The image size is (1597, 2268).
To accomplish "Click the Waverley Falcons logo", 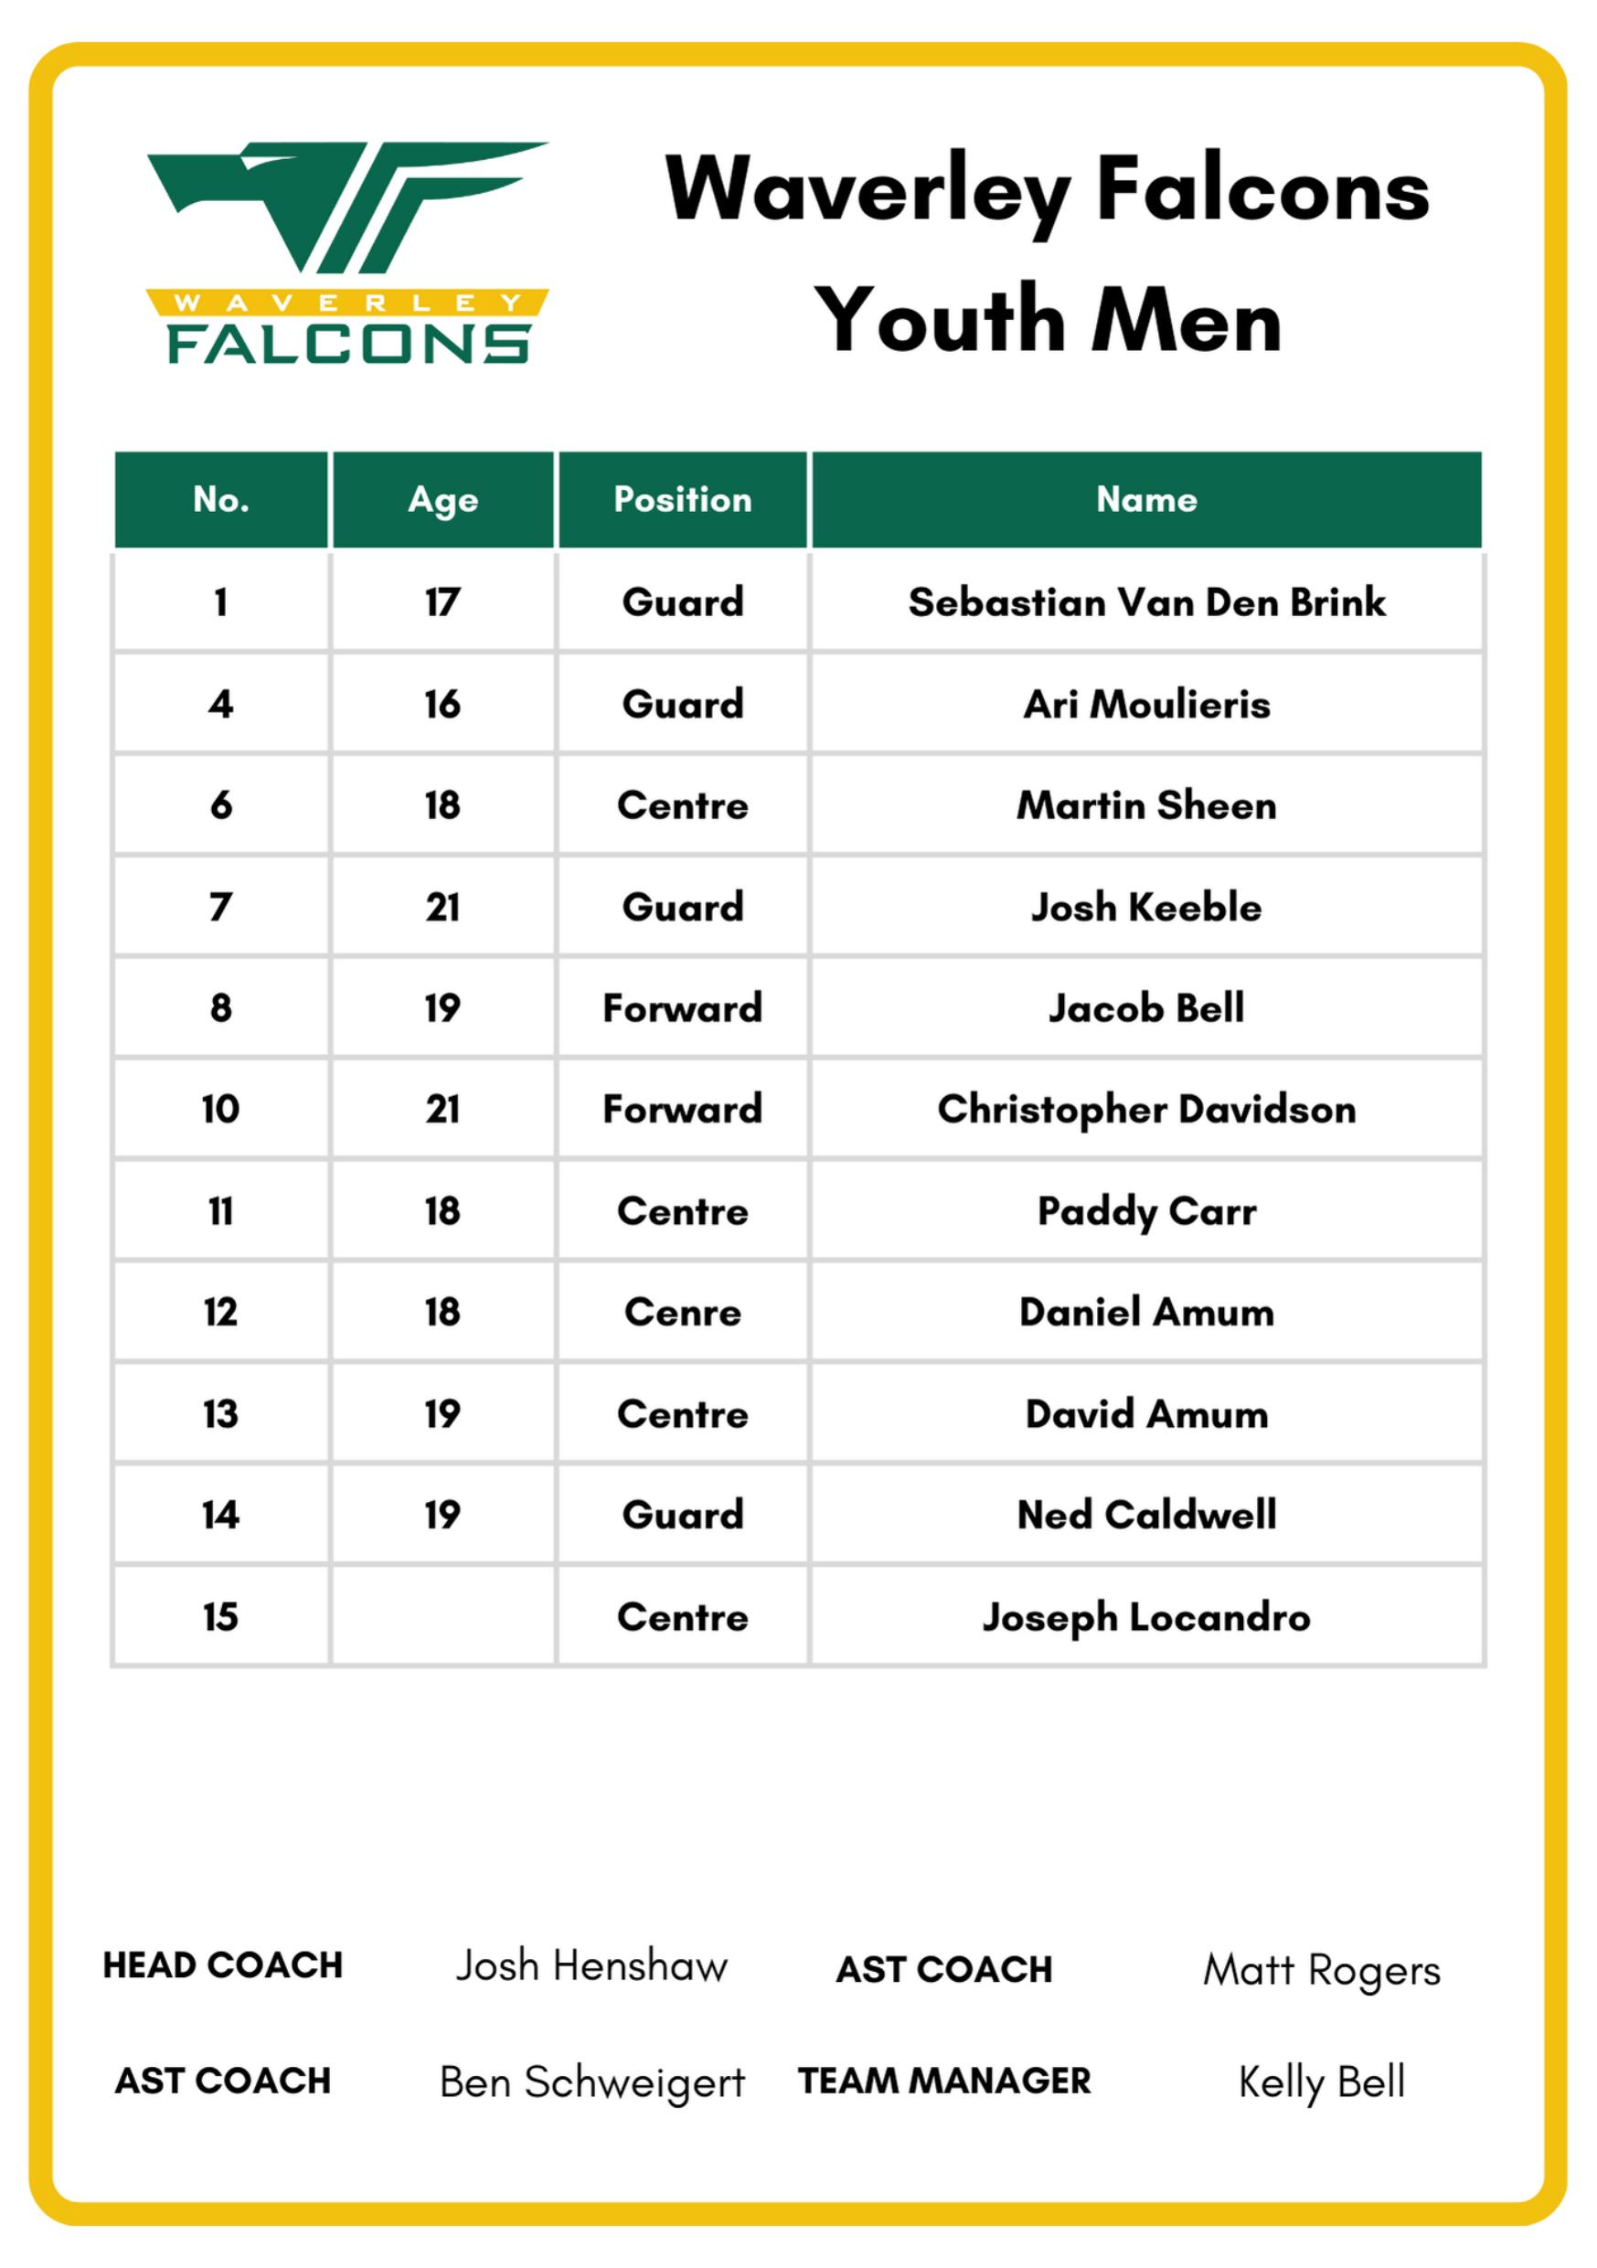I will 346,253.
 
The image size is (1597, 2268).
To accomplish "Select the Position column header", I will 683,500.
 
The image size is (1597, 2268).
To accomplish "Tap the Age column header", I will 442,500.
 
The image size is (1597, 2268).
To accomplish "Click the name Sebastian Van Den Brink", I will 1145,602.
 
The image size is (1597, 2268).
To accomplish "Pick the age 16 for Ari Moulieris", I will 442,704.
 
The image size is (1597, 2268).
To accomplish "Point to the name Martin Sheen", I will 1145,806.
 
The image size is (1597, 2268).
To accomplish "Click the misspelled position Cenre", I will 683,1313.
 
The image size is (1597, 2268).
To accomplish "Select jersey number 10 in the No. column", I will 220,1109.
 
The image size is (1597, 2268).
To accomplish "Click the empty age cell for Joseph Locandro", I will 442,1617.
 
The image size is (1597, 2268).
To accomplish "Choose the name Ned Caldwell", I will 1145,1516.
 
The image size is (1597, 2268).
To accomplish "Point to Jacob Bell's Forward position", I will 683,1008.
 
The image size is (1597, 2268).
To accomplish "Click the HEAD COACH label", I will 222,1965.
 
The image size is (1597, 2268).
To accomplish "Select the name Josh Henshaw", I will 591,1966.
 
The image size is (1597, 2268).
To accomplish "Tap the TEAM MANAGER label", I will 944,2082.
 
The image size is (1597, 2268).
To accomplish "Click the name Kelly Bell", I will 1322,2082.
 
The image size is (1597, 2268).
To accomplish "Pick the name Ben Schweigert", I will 591,2082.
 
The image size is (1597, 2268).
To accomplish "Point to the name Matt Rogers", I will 1322,1971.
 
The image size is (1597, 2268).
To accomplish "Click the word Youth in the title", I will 937,320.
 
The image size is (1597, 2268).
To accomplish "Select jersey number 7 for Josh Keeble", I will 220,907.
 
